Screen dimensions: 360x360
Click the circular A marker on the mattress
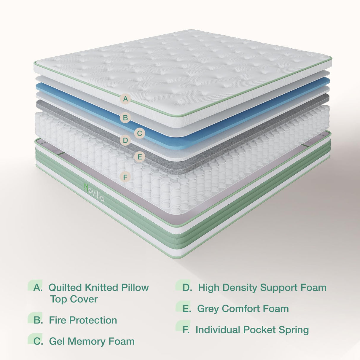(x=125, y=99)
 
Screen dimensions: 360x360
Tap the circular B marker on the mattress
(x=125, y=118)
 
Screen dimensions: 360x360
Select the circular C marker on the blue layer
(x=139, y=133)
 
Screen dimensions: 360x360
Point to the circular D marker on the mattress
(x=125, y=140)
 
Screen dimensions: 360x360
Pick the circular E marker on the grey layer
(x=139, y=157)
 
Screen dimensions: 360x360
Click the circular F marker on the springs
(x=125, y=177)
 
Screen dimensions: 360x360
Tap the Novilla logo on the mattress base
(x=94, y=192)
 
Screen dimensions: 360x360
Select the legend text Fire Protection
(x=83, y=320)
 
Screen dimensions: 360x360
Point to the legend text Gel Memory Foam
(x=92, y=341)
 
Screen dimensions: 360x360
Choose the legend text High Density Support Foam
(x=262, y=287)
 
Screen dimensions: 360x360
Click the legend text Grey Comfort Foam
(x=243, y=309)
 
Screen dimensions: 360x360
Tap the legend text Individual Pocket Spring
(x=252, y=330)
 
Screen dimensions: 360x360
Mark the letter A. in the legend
(x=38, y=287)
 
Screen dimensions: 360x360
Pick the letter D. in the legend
(x=187, y=287)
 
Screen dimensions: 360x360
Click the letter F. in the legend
(x=186, y=330)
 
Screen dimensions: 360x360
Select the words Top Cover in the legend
(x=74, y=299)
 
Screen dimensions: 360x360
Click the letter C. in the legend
(x=38, y=341)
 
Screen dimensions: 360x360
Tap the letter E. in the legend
(x=187, y=309)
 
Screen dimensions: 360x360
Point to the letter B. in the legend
(x=38, y=320)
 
